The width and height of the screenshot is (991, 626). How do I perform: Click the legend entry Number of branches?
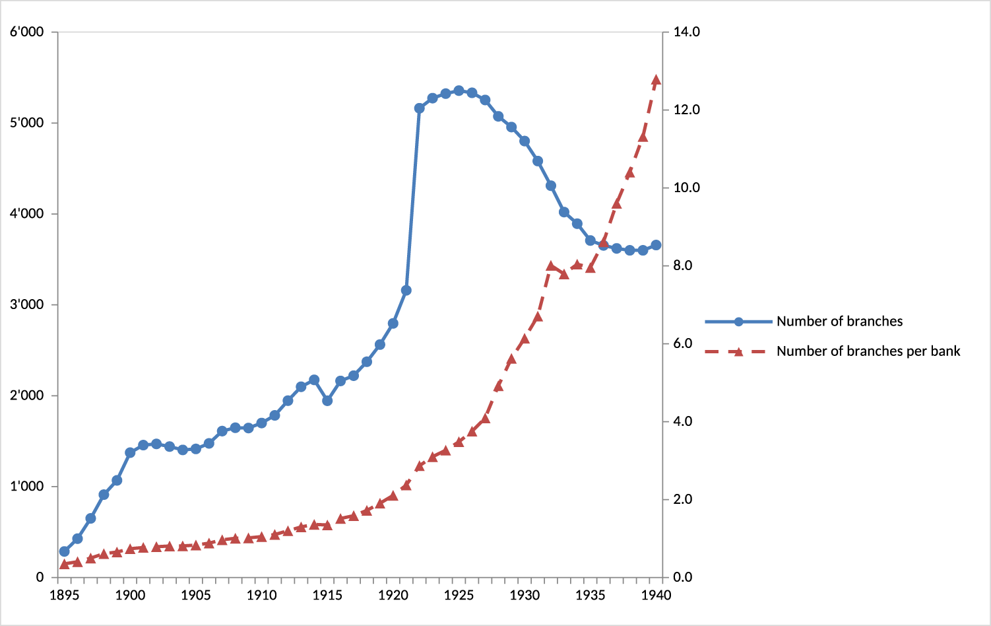839,322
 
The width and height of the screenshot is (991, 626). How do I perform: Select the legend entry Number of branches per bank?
868,351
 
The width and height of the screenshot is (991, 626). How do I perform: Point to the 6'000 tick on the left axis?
27,32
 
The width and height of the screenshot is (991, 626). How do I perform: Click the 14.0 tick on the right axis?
686,32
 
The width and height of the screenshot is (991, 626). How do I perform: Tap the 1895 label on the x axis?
65,596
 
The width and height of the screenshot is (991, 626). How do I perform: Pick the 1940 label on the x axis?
656,596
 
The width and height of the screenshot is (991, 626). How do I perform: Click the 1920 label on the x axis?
393,596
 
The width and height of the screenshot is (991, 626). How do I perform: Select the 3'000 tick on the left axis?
27,305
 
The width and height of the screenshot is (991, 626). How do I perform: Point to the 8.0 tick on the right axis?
683,265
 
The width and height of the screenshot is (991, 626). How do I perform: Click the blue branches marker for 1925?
459,90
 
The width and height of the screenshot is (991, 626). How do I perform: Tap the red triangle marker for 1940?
656,80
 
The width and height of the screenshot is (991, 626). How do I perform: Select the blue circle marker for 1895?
65,551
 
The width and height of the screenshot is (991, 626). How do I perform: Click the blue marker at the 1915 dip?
327,401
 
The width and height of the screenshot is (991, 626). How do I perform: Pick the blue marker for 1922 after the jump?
420,108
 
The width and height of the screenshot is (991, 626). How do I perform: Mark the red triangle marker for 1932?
551,266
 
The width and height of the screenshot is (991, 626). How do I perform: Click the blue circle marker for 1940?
656,245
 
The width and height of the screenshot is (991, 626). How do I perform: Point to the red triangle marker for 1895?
65,565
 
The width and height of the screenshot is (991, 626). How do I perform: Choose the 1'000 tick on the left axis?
27,487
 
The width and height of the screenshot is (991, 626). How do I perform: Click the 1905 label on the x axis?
196,596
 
